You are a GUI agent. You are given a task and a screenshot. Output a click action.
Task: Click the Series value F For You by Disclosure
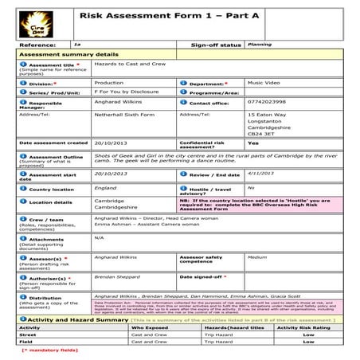pos(127,92)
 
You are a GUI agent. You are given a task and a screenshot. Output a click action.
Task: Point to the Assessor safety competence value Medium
pos(256,257)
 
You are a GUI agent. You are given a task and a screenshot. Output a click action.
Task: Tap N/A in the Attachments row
pos(99,237)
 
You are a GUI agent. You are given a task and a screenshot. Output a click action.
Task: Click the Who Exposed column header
pos(149,327)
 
